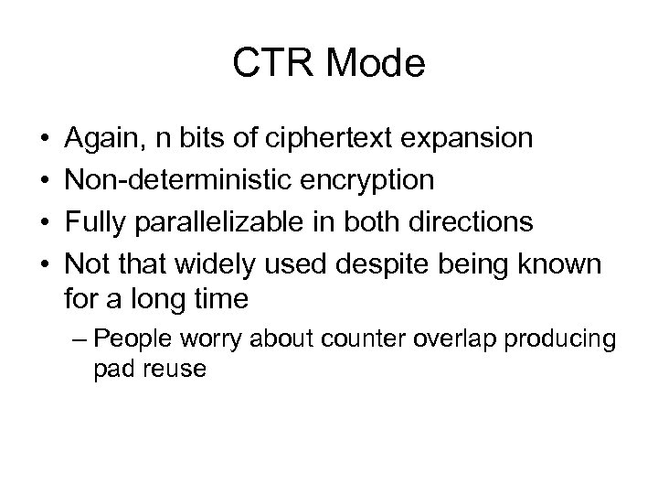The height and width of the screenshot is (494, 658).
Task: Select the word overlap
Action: [x=449, y=338]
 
